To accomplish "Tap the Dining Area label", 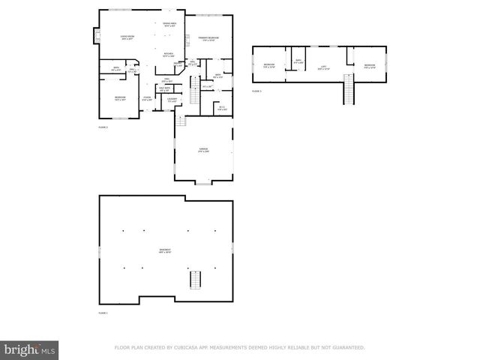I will (x=169, y=23).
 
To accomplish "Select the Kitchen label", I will (x=169, y=53).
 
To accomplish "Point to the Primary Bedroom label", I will (x=208, y=37).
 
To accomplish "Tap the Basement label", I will (x=165, y=250).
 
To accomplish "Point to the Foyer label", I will (x=148, y=97).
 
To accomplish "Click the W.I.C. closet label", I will (x=222, y=107).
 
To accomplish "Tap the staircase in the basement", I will (x=195, y=279).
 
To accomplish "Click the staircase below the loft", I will (x=348, y=91).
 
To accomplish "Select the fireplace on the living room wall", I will (x=95, y=35).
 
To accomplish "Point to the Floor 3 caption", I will (x=256, y=91).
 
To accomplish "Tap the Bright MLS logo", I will (x=30, y=349).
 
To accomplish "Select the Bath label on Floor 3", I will (x=298, y=60).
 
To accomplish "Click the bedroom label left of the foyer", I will (x=120, y=97).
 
